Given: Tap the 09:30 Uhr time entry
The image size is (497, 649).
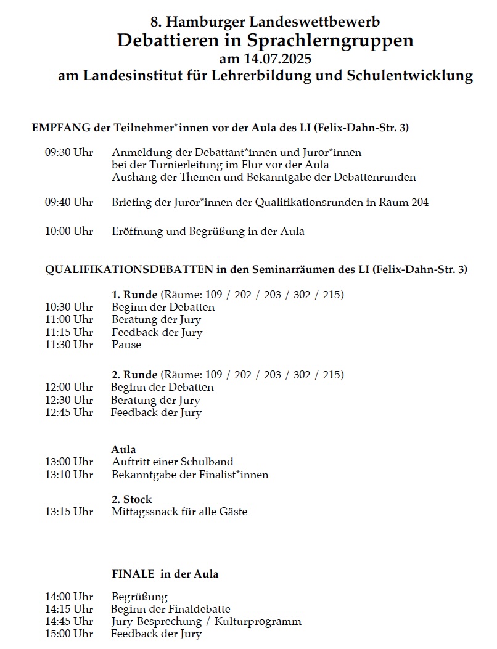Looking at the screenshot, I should (x=68, y=152).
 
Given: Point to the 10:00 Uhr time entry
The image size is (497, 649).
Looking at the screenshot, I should (x=68, y=231).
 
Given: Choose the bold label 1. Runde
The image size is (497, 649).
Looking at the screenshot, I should (x=135, y=295).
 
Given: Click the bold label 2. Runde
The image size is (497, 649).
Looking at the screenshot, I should (x=135, y=375).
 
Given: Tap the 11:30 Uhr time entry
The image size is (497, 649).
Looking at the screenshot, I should (x=68, y=345).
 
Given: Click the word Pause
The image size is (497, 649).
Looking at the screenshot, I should (x=126, y=345).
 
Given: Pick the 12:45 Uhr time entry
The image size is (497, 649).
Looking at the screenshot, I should (x=68, y=412).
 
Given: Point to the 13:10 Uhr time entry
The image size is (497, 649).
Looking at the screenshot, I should (x=68, y=475).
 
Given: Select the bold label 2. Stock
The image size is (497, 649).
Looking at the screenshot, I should (x=131, y=499).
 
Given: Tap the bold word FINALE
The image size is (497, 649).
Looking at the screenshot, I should (x=133, y=574).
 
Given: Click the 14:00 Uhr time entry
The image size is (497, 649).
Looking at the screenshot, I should (x=68, y=597).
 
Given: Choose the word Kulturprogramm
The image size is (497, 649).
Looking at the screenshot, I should (x=263, y=621).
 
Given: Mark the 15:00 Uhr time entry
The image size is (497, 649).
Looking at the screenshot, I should (x=68, y=634).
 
